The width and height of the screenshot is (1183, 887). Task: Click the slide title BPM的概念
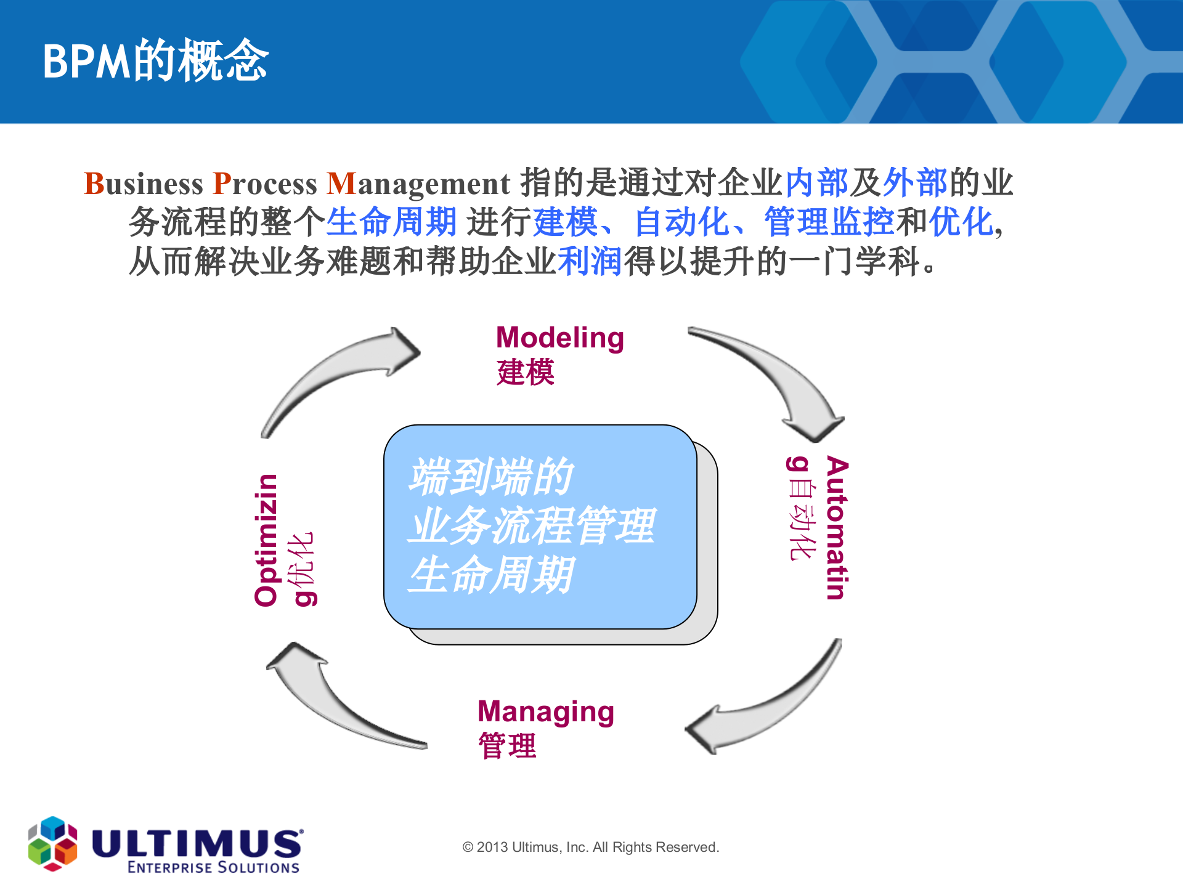[155, 61]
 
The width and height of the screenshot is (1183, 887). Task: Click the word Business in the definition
[143, 184]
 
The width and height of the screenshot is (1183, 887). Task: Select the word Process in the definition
[265, 184]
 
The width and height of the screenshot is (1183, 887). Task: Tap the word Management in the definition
[418, 184]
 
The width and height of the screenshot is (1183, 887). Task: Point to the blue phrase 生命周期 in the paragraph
[391, 222]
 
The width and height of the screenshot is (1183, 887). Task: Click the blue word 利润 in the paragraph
[590, 261]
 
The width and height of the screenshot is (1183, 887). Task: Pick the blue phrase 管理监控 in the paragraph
[829, 222]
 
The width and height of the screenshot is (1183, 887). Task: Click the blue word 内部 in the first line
[816, 183]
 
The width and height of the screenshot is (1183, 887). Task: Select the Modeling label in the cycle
[559, 338]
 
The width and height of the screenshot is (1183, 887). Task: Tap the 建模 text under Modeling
[525, 373]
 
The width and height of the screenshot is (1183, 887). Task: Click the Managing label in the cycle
[545, 712]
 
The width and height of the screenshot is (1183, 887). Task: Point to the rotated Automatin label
[837, 527]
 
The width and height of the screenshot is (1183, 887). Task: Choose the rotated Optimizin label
[266, 540]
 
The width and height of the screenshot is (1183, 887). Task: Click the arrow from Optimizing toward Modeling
[333, 376]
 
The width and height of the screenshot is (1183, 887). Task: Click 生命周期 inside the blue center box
[491, 575]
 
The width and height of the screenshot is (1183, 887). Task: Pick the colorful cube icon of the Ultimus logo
[52, 844]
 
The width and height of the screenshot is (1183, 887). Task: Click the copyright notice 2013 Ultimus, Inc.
[590, 847]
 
